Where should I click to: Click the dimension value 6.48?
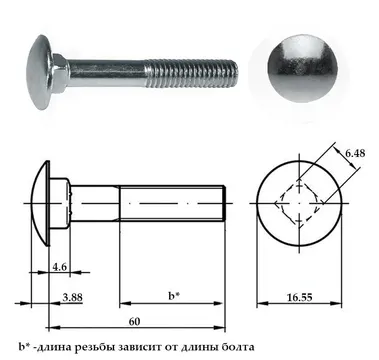(x=355, y=154)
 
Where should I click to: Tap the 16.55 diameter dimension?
(x=300, y=297)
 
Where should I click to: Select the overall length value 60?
(x=135, y=322)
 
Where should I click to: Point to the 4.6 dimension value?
(x=60, y=267)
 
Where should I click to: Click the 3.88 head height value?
(x=72, y=297)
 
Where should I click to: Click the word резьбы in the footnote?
(x=95, y=347)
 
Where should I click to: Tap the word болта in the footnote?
(x=238, y=347)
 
